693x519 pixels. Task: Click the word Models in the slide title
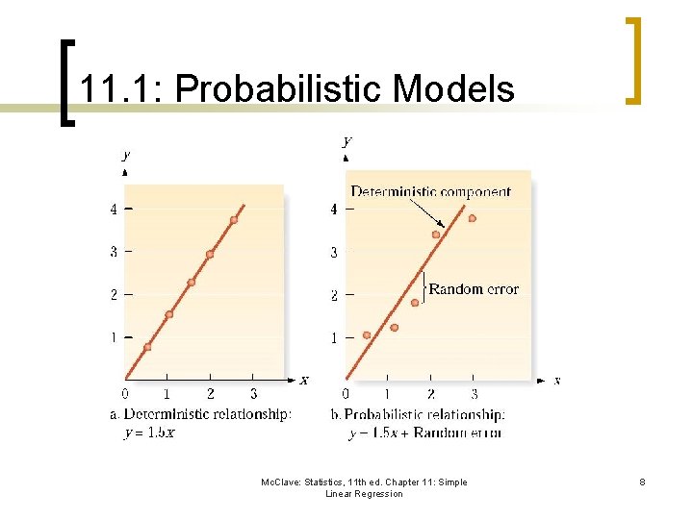click(x=453, y=89)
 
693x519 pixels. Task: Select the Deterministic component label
click(x=430, y=191)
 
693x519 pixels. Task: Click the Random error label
click(x=474, y=288)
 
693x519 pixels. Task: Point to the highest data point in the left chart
click(x=233, y=220)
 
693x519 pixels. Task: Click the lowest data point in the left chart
click(x=147, y=347)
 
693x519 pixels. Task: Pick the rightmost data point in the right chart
click(x=472, y=218)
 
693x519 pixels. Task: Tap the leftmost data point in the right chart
click(x=367, y=335)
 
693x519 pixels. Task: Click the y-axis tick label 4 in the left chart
click(x=113, y=209)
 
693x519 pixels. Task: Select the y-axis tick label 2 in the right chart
click(x=334, y=295)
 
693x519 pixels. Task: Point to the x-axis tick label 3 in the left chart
click(x=253, y=394)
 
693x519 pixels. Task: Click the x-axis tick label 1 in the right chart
click(x=388, y=394)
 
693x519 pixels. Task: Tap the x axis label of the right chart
click(x=557, y=381)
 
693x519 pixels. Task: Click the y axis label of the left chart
click(x=126, y=154)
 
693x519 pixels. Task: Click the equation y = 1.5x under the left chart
click(x=149, y=432)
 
